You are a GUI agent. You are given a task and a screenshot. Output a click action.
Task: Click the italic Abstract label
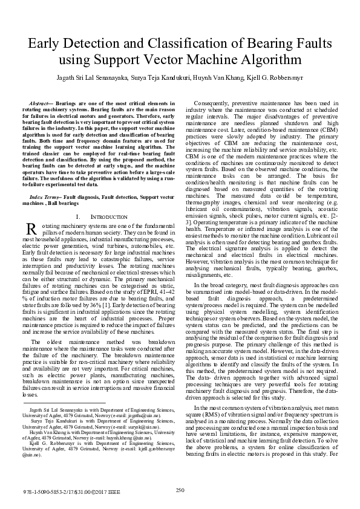tap(42, 104)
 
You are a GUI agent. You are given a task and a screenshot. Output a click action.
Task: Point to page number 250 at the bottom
tap(180, 490)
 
